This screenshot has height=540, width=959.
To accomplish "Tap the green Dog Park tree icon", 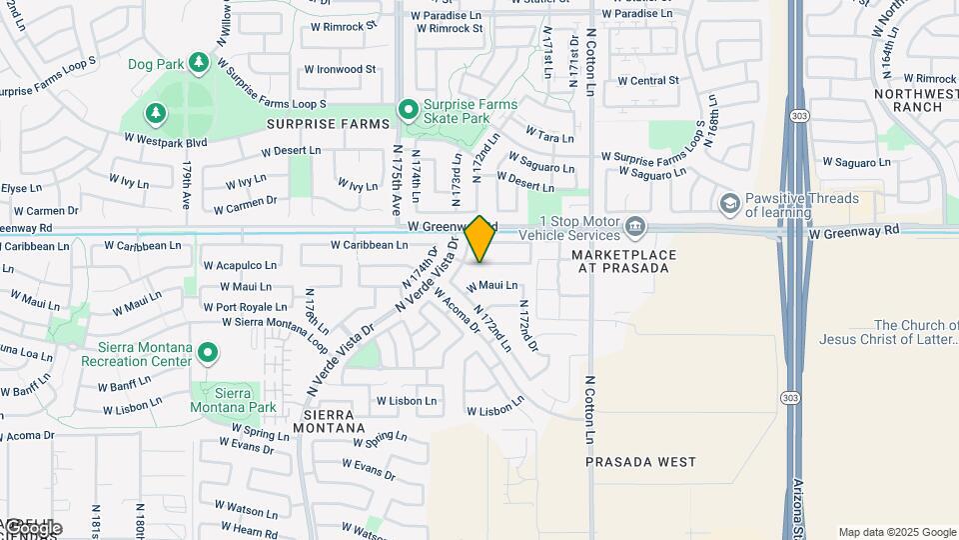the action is pos(199,63).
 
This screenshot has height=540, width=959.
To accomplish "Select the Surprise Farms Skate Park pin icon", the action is pos(408,109).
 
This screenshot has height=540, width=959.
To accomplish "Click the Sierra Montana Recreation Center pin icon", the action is pos(208,352).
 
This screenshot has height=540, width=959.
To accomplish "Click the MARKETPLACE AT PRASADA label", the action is pos(623,261).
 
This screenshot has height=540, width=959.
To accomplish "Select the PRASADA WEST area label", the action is pos(640,462).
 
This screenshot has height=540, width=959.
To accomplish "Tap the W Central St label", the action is pos(648,81).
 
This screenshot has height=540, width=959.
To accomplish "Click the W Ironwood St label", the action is pos(333,70).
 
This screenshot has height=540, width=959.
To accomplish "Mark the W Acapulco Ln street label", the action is pos(240,265).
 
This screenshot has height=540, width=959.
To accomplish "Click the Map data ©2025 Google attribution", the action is pos(897,532).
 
